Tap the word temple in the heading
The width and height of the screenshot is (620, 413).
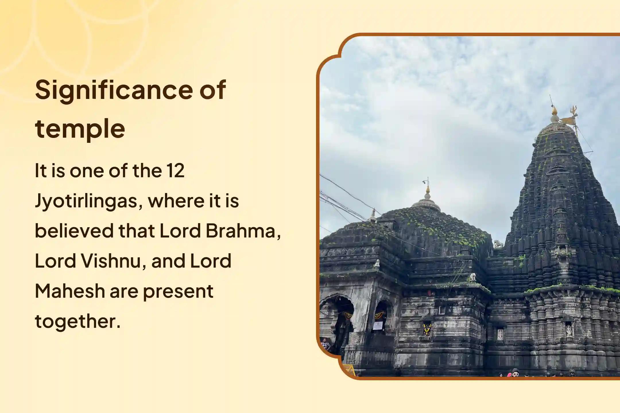(x=80, y=129)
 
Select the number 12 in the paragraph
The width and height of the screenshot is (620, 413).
(x=175, y=171)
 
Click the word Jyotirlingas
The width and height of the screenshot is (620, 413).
(x=89, y=201)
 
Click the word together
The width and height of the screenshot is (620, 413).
(x=77, y=321)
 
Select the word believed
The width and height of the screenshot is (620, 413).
(x=74, y=231)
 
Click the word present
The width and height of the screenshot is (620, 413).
(x=178, y=291)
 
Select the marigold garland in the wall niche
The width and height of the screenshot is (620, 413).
(x=427, y=329)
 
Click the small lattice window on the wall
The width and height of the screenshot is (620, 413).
(x=442, y=310)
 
